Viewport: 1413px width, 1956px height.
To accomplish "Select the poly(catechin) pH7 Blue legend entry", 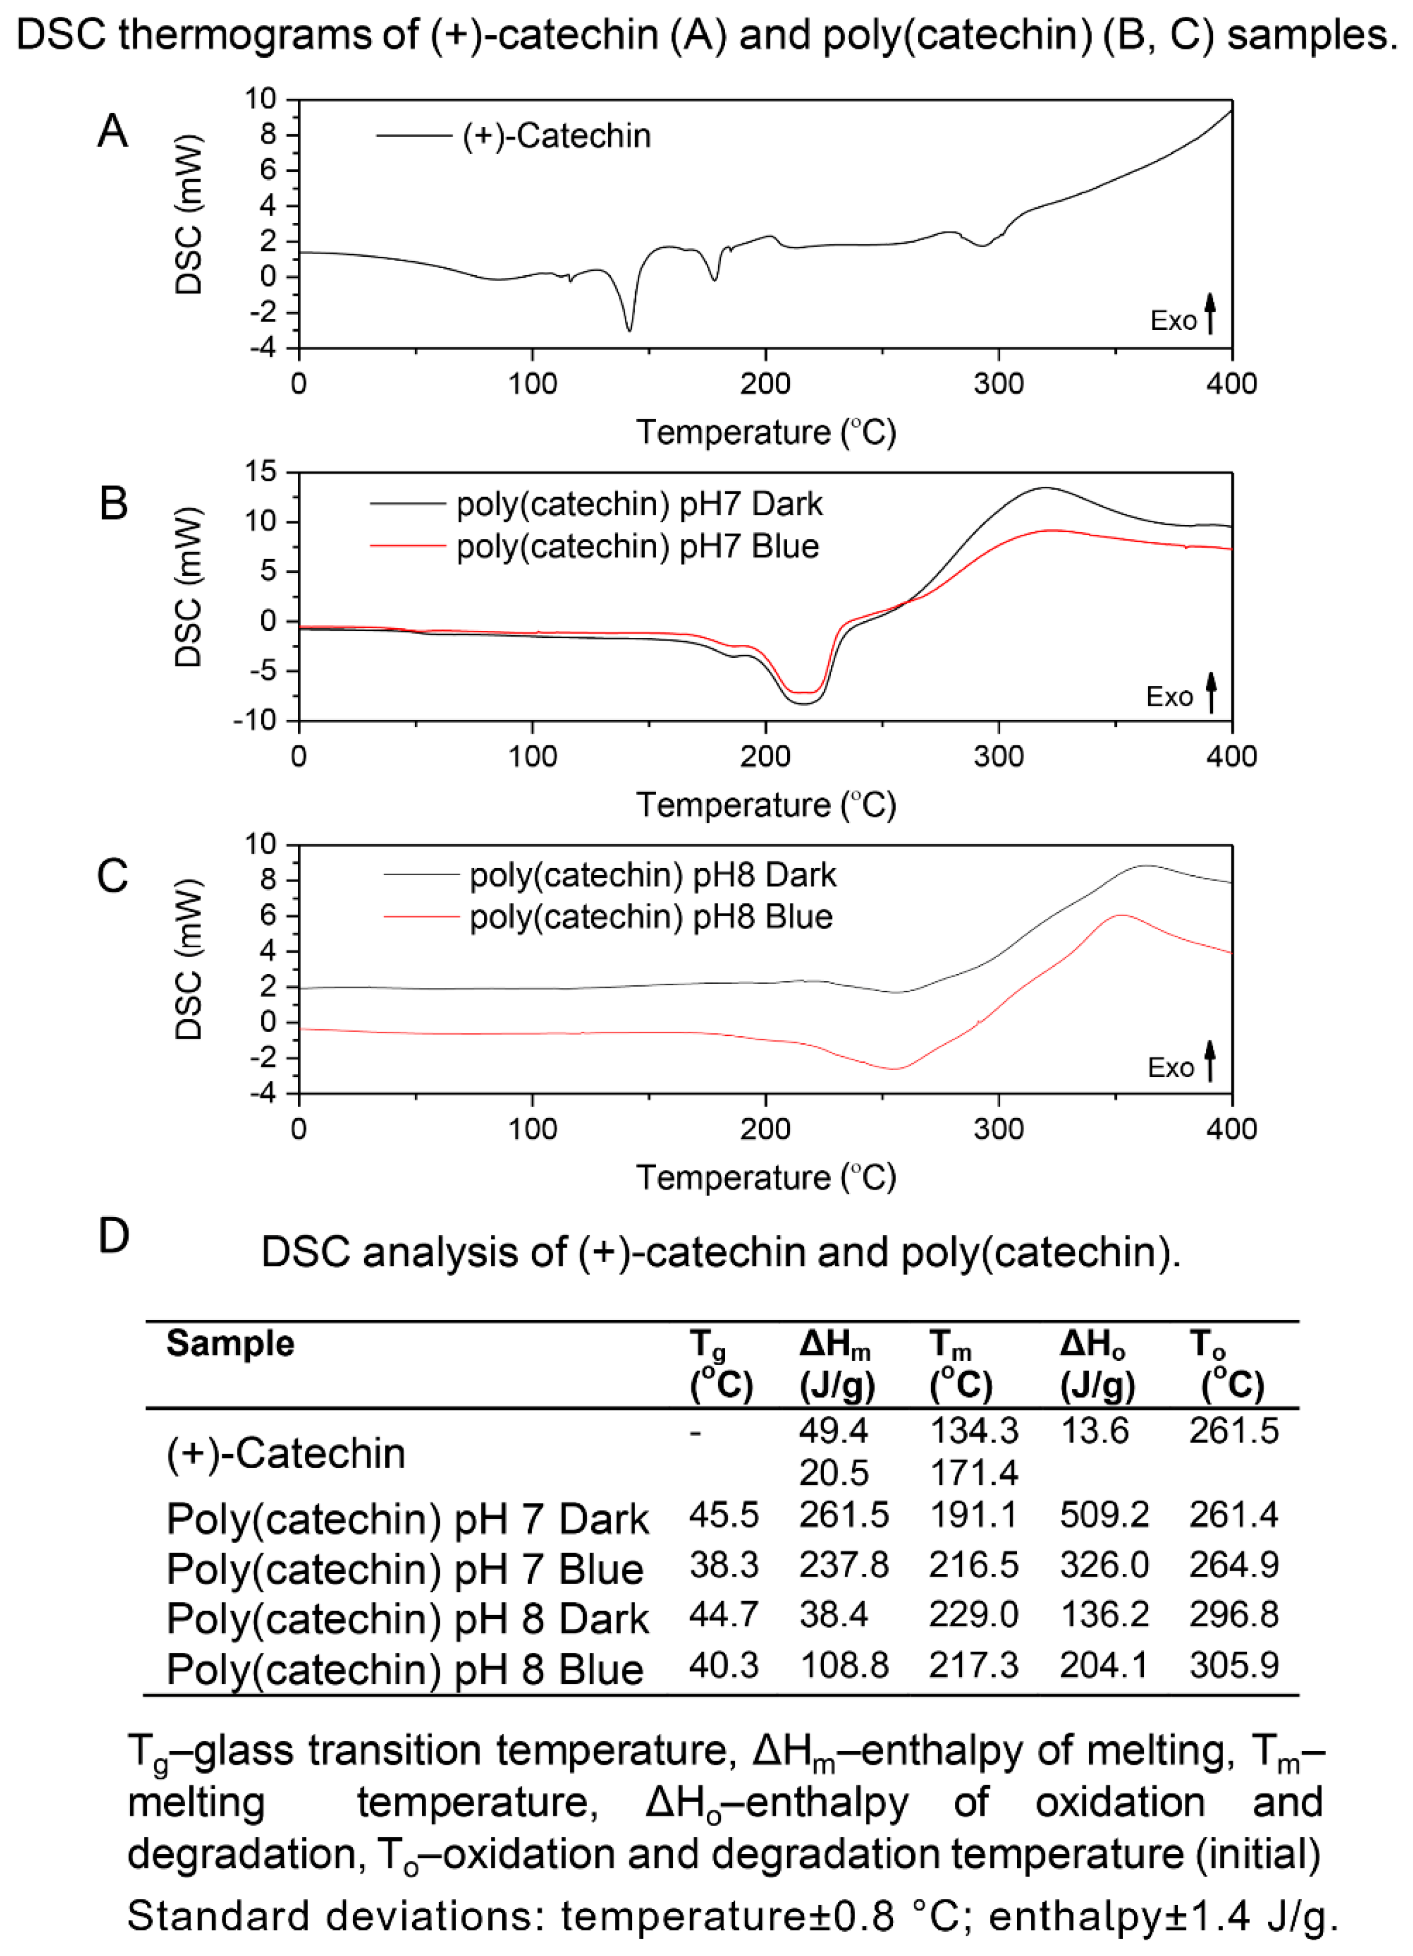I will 637,546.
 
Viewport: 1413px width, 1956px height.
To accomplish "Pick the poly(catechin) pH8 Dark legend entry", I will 652,875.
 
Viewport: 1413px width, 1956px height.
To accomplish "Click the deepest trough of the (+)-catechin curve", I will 629,330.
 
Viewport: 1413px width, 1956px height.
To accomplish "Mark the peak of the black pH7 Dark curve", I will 1045,488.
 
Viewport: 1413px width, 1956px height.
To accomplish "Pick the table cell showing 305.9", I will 1234,1665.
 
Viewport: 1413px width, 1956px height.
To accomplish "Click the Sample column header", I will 230,1344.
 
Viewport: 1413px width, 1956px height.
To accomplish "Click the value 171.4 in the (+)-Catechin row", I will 973,1473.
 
